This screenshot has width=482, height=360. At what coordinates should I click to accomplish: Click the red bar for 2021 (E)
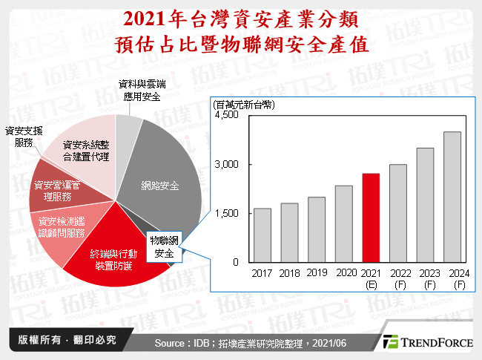click(x=371, y=217)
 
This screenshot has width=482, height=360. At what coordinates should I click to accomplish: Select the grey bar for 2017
click(x=263, y=235)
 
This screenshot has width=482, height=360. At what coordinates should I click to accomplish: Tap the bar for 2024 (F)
click(x=452, y=197)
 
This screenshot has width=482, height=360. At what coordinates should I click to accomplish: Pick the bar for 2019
click(x=317, y=229)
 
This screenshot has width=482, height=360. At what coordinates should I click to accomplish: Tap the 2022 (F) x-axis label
click(x=398, y=279)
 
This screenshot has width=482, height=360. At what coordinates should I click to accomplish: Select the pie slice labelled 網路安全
click(x=159, y=186)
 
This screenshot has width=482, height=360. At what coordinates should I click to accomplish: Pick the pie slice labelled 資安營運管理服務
click(x=64, y=191)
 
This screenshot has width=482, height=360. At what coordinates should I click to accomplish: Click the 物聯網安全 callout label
click(x=165, y=248)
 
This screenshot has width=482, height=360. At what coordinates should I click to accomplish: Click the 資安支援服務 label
click(x=22, y=137)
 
